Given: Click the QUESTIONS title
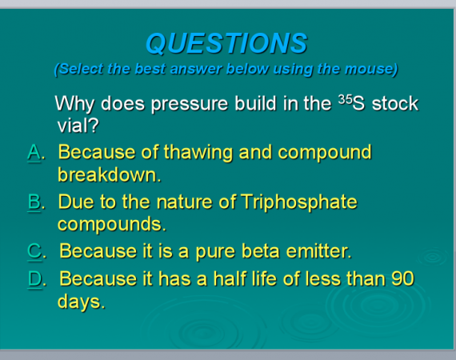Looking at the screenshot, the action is coord(226,43).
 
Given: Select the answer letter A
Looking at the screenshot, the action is coord(34,152).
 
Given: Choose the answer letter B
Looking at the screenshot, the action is coord(34,202).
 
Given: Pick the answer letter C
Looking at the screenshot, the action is coord(34,250).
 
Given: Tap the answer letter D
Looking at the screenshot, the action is coord(35,278).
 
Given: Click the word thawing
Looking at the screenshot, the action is coord(198,153).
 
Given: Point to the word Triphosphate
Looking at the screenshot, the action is coord(299,202).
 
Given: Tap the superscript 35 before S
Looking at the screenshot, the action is coord(345,99).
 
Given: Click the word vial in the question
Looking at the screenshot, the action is coord(74,126).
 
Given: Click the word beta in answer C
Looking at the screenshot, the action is coord(260,251).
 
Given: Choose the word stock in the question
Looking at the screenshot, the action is coord(395,103).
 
